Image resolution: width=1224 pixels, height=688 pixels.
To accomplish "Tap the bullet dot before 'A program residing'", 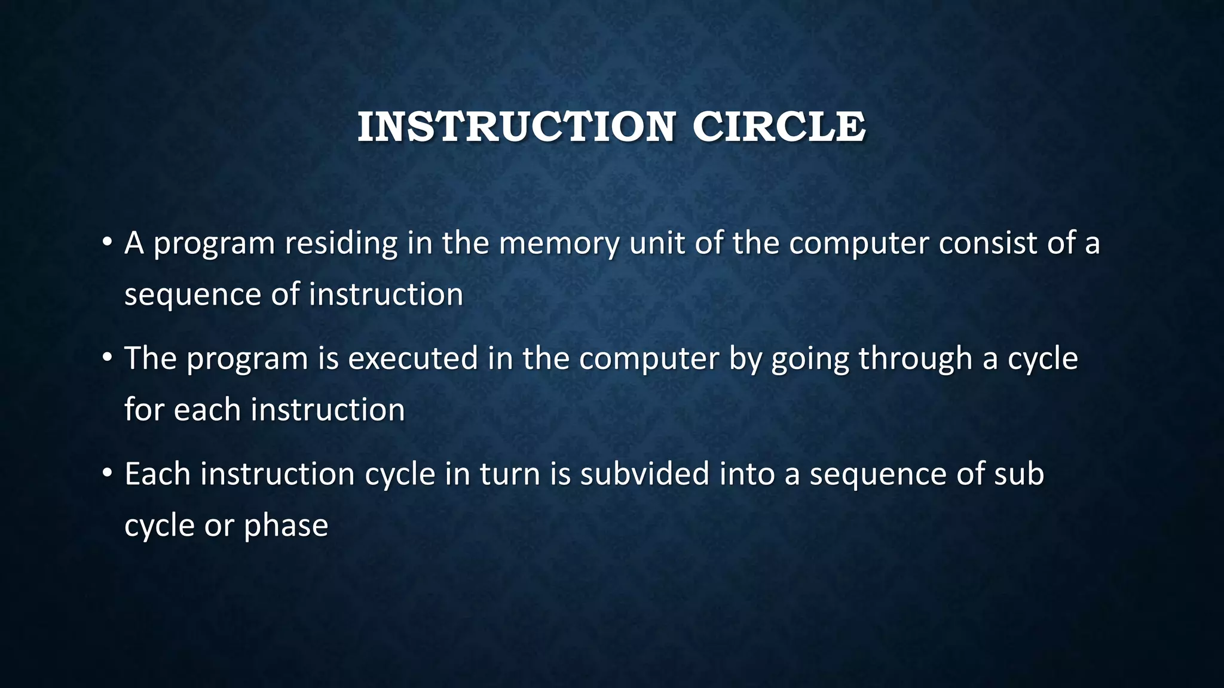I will point(107,242).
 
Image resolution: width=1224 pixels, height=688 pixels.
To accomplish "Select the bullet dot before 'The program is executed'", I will point(107,358).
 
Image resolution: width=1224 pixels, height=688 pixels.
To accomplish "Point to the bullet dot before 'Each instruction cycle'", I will point(107,473).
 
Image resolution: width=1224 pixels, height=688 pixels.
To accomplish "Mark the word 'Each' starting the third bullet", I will point(157,474).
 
